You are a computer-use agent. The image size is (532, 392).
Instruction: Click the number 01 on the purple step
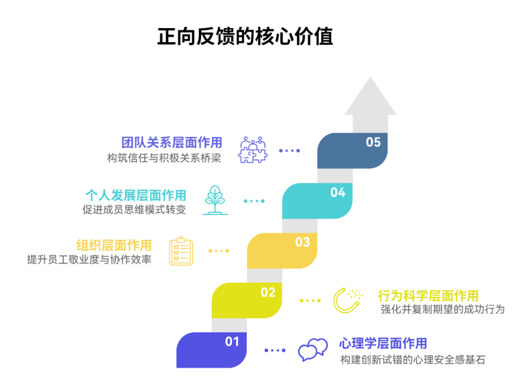pyautogui.click(x=232, y=342)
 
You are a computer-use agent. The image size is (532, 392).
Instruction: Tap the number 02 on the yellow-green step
pyautogui.click(x=268, y=292)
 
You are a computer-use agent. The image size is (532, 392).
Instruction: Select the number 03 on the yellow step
pyautogui.click(x=302, y=242)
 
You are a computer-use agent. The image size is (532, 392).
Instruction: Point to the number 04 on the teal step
pyautogui.click(x=338, y=192)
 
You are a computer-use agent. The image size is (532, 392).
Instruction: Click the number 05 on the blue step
pyautogui.click(x=373, y=142)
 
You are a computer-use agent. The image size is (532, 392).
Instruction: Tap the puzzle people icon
pyautogui.click(x=252, y=150)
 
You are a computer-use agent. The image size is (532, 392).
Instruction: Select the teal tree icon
pyautogui.click(x=215, y=200)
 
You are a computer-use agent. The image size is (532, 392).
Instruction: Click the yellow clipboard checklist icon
pyautogui.click(x=181, y=251)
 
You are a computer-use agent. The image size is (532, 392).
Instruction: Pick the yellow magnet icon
pyautogui.click(x=347, y=300)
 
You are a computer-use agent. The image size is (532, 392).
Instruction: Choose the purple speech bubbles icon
pyautogui.click(x=313, y=349)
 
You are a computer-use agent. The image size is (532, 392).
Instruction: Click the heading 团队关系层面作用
pyautogui.click(x=171, y=142)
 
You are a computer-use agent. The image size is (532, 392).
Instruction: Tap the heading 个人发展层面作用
pyautogui.click(x=136, y=195)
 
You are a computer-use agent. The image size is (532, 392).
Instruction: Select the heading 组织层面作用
pyautogui.click(x=114, y=245)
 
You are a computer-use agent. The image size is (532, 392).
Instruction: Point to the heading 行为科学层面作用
pyautogui.click(x=428, y=296)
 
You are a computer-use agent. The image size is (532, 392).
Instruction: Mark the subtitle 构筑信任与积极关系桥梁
pyautogui.click(x=164, y=158)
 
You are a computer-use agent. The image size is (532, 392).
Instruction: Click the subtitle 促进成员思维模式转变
pyautogui.click(x=134, y=210)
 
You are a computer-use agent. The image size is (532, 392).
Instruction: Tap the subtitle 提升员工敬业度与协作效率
pyautogui.click(x=89, y=259)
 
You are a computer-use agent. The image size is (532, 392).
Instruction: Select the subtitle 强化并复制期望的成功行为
pyautogui.click(x=443, y=309)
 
